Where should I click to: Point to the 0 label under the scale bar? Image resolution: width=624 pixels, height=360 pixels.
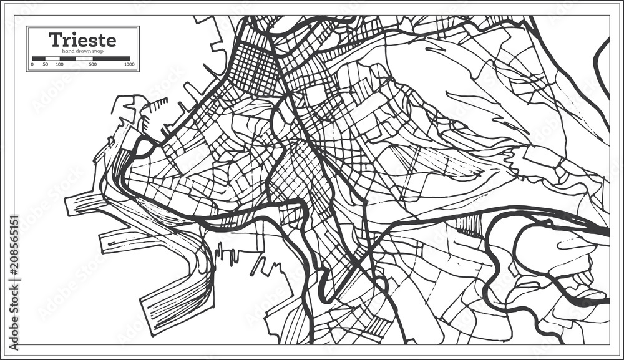32,64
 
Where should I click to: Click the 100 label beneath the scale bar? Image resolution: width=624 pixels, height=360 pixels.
59,64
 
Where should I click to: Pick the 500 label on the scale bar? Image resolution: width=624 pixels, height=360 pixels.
93,64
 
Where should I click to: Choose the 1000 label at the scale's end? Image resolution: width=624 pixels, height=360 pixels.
129,64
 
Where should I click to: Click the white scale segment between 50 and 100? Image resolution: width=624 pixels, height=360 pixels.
52,58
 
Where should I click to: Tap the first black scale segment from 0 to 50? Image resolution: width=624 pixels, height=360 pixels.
39,58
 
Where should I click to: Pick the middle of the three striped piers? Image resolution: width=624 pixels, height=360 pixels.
125,237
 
